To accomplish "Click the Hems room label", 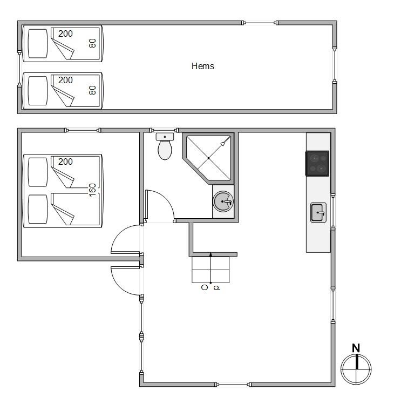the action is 203,66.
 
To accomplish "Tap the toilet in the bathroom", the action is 165,146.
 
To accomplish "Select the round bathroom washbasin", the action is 223,201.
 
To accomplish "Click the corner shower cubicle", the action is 208,158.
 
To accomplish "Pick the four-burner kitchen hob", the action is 317,164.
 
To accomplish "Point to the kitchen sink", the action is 318,212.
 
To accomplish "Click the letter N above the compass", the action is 356,348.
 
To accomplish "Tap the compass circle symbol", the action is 356,369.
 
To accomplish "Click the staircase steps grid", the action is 210,270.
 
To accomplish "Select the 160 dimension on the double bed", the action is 92,190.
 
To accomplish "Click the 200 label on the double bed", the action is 65,162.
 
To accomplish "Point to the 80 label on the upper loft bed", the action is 92,43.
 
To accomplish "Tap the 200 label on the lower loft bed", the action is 65,80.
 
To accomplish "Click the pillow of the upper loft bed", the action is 38,43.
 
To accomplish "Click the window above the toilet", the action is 164,130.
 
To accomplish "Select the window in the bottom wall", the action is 233,385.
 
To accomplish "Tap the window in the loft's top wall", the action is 260,23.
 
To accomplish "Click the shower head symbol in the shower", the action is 223,144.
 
